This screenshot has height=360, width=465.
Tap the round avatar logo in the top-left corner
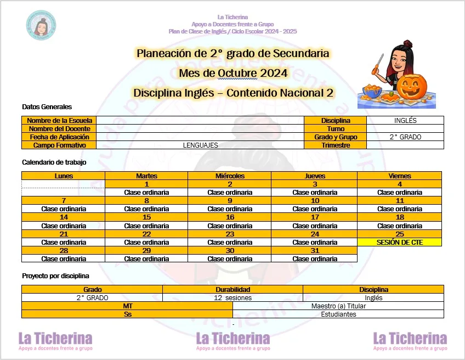[x=41, y=25]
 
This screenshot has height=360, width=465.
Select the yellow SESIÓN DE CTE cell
[x=400, y=242]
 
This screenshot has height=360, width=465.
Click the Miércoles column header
[x=230, y=176]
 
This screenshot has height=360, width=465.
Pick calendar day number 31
[x=314, y=250]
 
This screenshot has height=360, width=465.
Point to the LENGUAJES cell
[x=200, y=145]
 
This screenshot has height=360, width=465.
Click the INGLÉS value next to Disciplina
[x=405, y=121]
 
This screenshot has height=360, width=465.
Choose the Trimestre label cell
[x=336, y=145]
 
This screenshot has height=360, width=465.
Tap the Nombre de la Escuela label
[x=59, y=121]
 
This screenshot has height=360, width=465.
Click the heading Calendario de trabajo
[x=54, y=162]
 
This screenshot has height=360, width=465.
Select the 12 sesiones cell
[x=232, y=297]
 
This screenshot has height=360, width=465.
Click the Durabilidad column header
[x=232, y=289]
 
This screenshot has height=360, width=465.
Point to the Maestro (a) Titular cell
[x=338, y=306]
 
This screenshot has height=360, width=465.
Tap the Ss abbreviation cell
[x=127, y=314]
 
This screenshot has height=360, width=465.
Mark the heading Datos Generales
[x=47, y=107]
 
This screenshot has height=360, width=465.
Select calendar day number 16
[x=230, y=217]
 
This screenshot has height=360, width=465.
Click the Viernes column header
[x=400, y=176]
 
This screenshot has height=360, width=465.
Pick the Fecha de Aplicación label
[x=59, y=137]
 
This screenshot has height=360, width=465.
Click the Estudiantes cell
[x=338, y=314]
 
